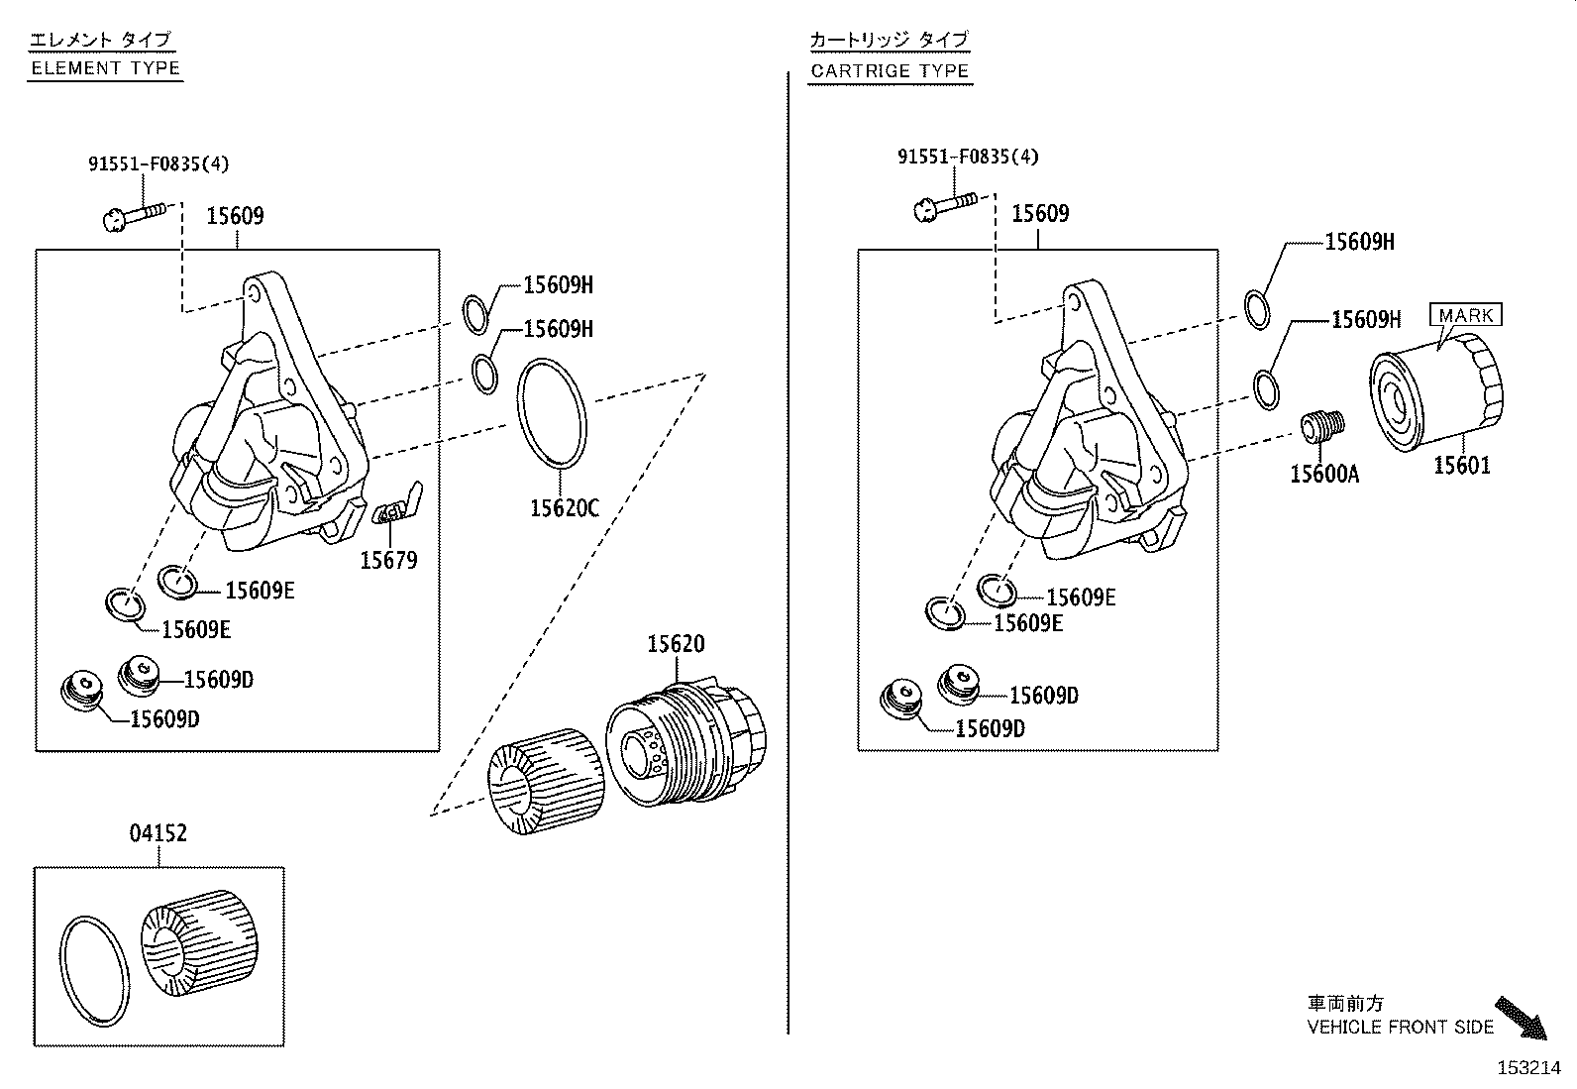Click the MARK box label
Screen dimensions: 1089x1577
click(1465, 315)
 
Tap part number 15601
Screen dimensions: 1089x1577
click(1462, 465)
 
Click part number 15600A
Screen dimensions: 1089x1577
click(1324, 475)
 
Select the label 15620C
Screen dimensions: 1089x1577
click(564, 508)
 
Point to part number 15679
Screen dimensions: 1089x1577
click(388, 560)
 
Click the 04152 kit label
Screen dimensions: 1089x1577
click(158, 833)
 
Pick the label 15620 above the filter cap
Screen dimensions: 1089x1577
click(676, 644)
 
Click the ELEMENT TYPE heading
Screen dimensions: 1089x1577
click(105, 68)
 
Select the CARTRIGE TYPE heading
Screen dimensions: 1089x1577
click(889, 71)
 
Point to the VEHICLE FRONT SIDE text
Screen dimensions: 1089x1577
click(1400, 1028)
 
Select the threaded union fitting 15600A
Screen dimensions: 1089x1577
click(1321, 427)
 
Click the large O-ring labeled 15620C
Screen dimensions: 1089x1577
click(552, 414)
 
